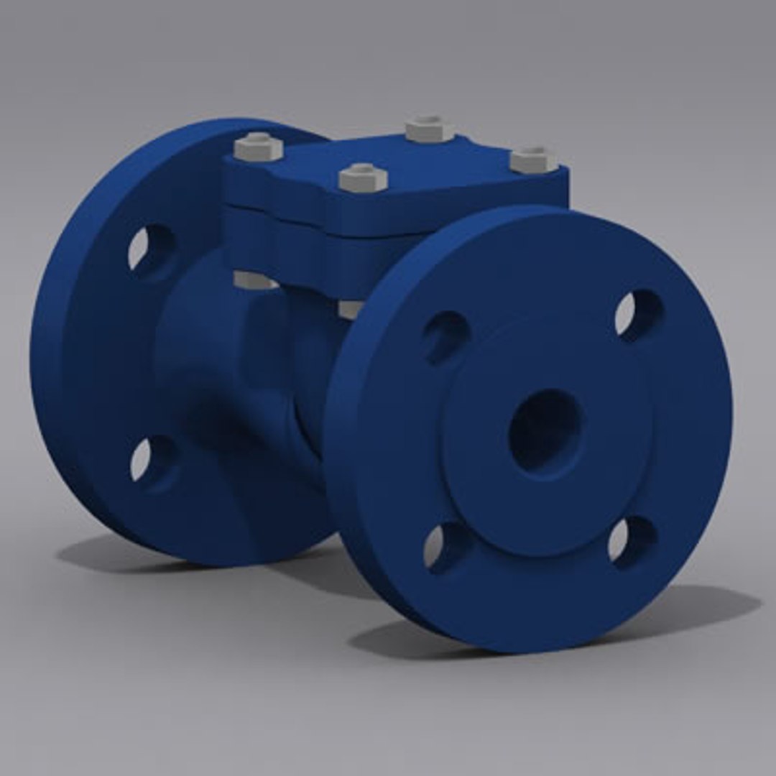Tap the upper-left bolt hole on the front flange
click(x=445, y=336)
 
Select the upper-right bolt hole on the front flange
click(x=638, y=315)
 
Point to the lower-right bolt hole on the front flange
click(x=632, y=540)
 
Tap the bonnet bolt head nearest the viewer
click(x=363, y=177)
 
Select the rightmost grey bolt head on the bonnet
click(x=533, y=160)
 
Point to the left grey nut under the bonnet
click(x=253, y=280)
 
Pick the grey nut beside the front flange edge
click(x=349, y=309)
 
